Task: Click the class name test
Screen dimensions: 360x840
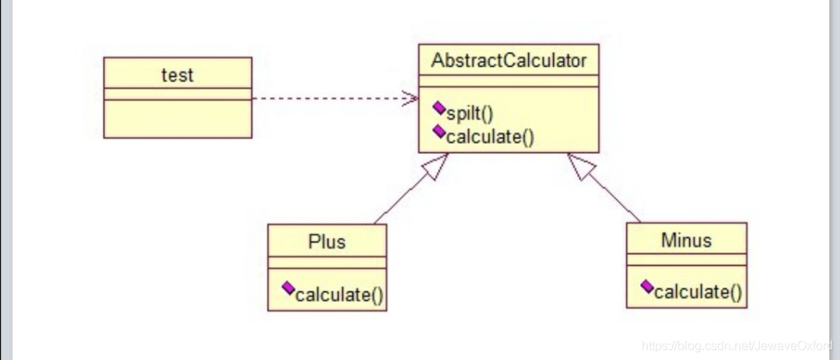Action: [x=177, y=75]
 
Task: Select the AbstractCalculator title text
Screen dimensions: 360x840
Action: [x=509, y=61]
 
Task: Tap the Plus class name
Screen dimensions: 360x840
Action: [x=327, y=241]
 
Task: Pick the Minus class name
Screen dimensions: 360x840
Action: [x=686, y=239]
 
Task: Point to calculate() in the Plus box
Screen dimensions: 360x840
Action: [x=341, y=295]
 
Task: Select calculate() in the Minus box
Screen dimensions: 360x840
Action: [x=698, y=292]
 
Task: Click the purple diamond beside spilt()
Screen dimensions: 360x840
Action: [x=439, y=108]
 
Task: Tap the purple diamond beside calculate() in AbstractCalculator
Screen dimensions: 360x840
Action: [x=439, y=131]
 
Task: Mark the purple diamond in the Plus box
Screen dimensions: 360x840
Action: [x=289, y=289]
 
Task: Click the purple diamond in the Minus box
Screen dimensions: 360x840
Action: [x=647, y=286]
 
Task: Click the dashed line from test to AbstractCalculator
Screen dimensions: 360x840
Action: [x=327, y=99]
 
